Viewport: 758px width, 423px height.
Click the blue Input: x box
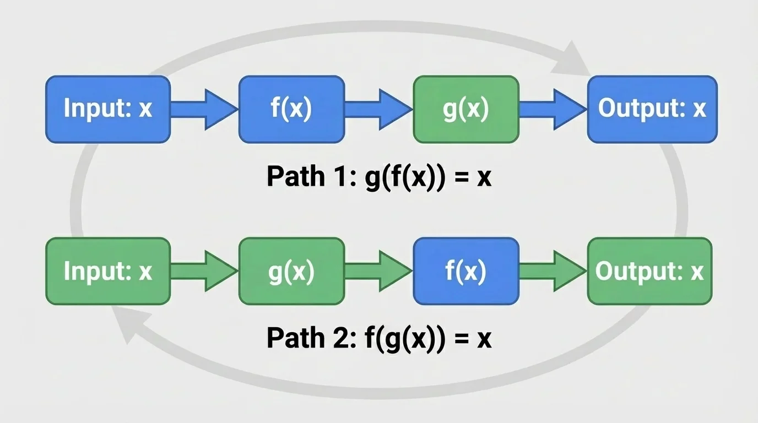(108, 109)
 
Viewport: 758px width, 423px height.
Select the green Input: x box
(108, 271)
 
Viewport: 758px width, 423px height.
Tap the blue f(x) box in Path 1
(291, 109)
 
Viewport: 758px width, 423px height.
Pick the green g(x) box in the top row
(465, 109)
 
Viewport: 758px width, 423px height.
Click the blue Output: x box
(652, 109)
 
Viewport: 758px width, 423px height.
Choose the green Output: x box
(649, 271)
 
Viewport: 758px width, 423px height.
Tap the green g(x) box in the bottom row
(291, 271)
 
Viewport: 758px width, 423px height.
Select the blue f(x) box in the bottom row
(465, 271)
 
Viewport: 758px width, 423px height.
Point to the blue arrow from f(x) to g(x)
(379, 109)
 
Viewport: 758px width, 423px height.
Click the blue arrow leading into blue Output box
(553, 109)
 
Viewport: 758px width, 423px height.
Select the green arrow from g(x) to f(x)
(379, 271)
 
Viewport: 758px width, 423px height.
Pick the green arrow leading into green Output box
(553, 271)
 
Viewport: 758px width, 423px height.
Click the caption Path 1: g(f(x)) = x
(378, 177)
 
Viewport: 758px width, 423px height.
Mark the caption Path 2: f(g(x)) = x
(378, 339)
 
